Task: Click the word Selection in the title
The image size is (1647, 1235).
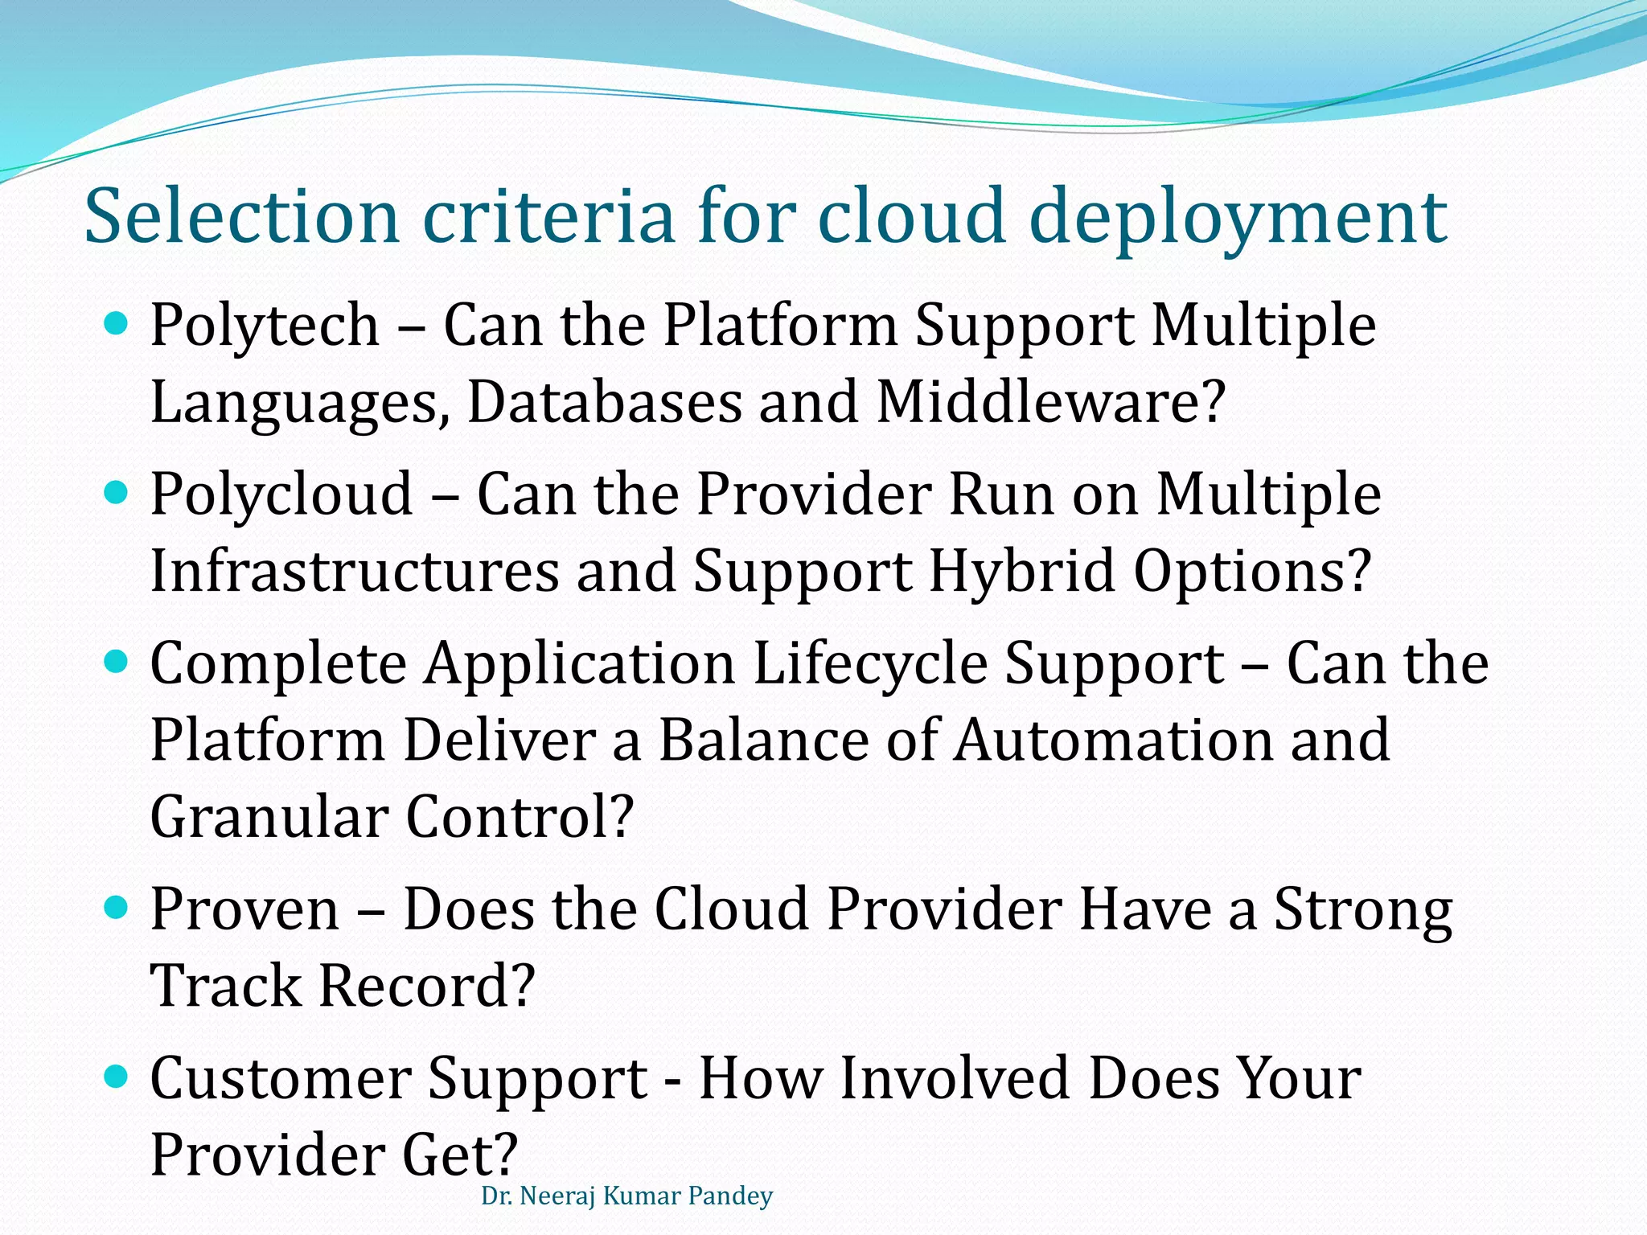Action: click(241, 215)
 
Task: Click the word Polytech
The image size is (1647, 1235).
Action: click(265, 326)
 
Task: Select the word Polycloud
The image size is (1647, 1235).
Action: click(281, 494)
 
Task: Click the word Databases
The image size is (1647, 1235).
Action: click(604, 403)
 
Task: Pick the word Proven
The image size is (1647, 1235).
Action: click(245, 909)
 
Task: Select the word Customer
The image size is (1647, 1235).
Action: click(281, 1078)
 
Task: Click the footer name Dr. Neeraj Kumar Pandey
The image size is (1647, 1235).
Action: click(626, 1196)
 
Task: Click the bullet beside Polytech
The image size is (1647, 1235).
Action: click(117, 325)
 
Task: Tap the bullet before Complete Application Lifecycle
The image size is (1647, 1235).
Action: click(117, 663)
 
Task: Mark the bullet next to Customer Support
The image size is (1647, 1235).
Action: click(117, 1077)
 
